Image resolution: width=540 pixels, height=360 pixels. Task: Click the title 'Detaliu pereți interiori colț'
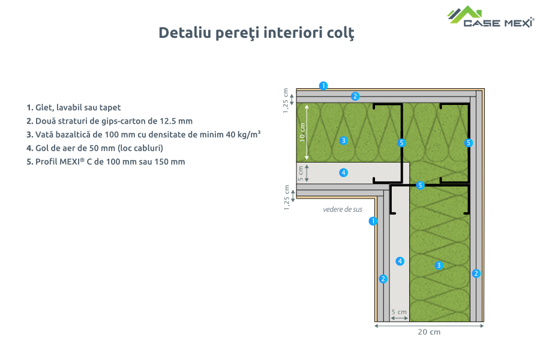tap(256, 32)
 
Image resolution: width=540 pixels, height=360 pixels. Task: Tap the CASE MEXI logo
tap(491, 17)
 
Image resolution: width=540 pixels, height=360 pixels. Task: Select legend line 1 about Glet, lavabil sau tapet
tap(73, 107)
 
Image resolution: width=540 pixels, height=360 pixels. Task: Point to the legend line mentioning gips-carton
tap(109, 121)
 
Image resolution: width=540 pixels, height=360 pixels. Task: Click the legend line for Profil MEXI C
tap(106, 161)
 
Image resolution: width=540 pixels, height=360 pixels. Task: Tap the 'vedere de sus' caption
tap(343, 209)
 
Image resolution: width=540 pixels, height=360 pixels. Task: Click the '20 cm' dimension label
tap(429, 332)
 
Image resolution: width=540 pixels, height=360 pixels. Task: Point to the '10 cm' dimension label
tap(302, 131)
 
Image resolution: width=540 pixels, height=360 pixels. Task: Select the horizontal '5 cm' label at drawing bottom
tap(399, 312)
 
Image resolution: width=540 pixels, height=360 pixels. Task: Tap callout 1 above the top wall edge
tap(323, 85)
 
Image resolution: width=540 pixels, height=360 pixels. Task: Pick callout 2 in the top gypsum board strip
tap(355, 96)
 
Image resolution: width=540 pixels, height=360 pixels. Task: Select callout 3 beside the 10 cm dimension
tap(343, 140)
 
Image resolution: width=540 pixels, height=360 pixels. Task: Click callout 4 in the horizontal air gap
tap(343, 173)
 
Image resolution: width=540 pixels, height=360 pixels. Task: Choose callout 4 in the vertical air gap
tap(400, 260)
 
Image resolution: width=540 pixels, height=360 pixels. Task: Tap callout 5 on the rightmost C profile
tap(469, 143)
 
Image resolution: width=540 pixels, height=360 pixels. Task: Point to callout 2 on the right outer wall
tap(476, 274)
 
